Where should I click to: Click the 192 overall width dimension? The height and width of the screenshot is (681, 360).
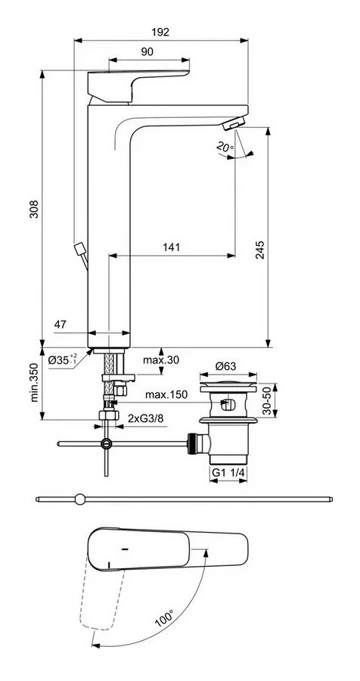[160, 32]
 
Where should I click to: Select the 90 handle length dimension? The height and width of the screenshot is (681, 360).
[147, 51]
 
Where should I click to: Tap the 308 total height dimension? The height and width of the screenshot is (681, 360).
[34, 209]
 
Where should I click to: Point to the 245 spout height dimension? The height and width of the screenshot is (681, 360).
[259, 249]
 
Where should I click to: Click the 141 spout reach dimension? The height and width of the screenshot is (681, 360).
[171, 247]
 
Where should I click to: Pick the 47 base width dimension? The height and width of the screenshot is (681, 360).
[61, 325]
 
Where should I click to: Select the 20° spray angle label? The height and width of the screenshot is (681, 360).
[225, 148]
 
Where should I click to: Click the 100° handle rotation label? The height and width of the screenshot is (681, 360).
[165, 617]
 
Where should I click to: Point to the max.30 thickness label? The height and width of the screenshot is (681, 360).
[160, 359]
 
